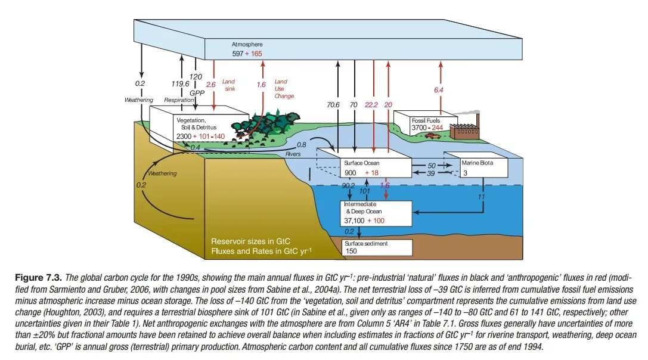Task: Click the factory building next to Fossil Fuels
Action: pyautogui.click(x=465, y=131)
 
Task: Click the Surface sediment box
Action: pyautogui.click(x=377, y=247)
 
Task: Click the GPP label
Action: pyautogui.click(x=197, y=93)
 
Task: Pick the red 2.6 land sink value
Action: pyautogui.click(x=210, y=85)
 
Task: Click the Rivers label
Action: pyautogui.click(x=293, y=154)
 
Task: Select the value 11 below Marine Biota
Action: pyautogui.click(x=481, y=195)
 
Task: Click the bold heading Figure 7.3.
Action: pyautogui.click(x=35, y=278)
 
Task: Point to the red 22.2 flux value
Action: pyautogui.click(x=371, y=105)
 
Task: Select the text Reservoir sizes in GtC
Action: pyautogui.click(x=250, y=241)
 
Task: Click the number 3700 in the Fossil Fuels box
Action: pyautogui.click(x=420, y=128)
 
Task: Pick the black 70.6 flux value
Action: pyautogui.click(x=333, y=105)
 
